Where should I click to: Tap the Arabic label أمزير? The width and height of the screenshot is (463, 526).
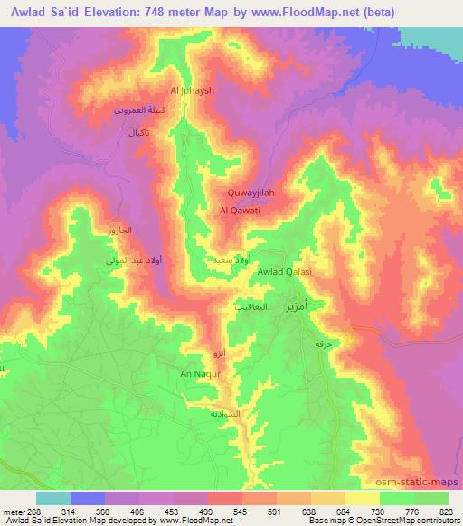point(297,305)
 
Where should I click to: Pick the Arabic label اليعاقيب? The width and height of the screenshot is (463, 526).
point(251,305)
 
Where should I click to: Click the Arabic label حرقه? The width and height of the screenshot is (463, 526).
point(318,346)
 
